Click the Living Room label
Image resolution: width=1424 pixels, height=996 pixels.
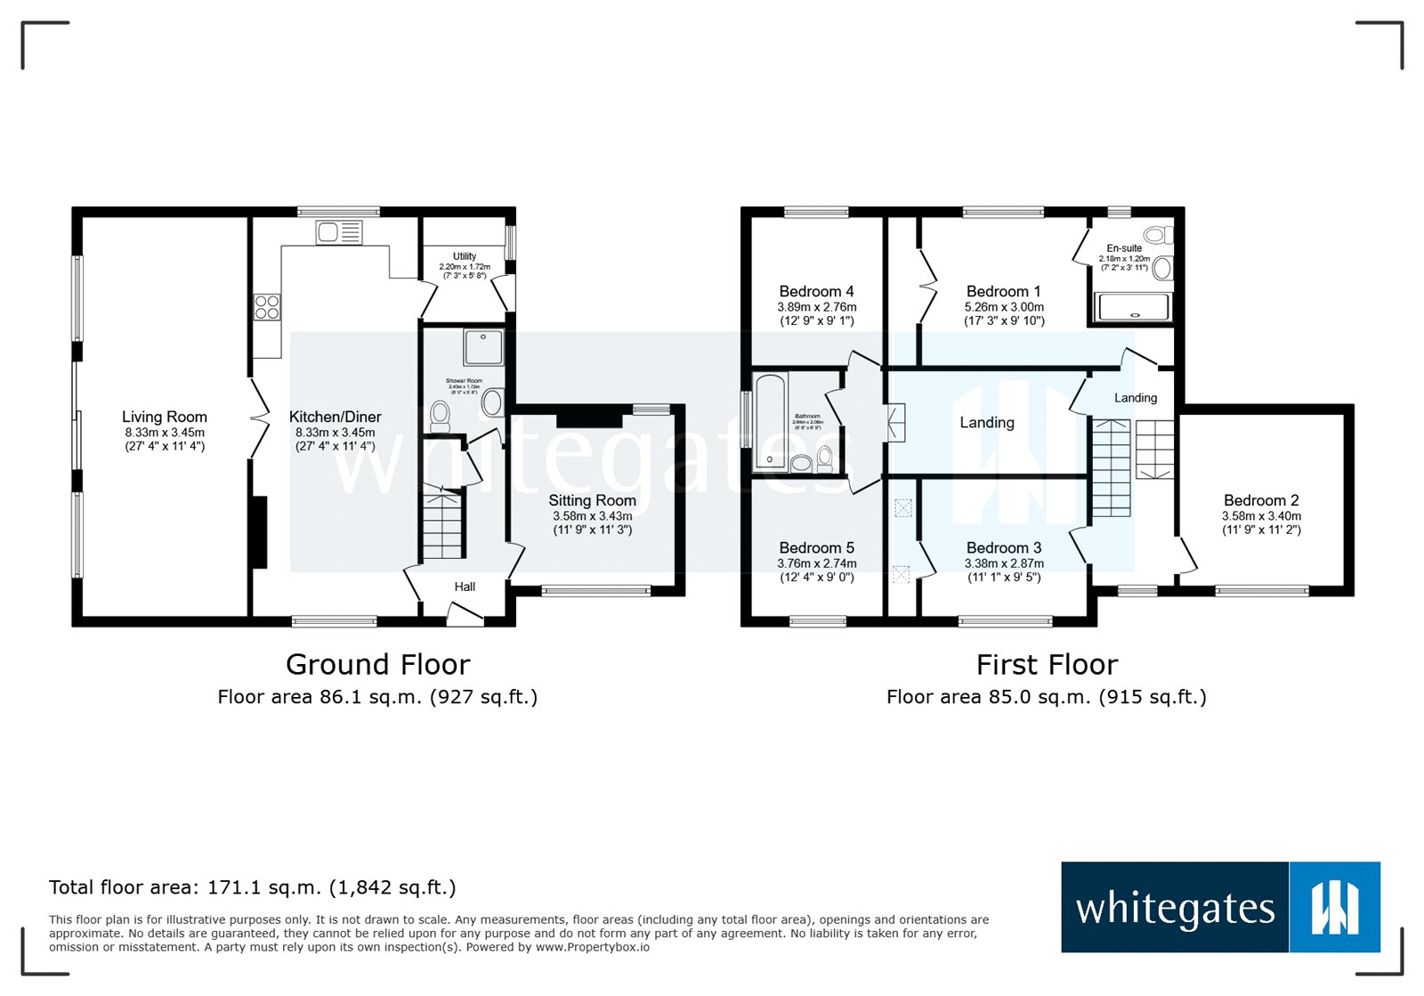click(x=165, y=417)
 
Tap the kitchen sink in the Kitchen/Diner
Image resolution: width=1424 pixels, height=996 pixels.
click(x=338, y=233)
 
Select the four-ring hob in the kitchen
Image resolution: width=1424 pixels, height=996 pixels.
click(x=267, y=308)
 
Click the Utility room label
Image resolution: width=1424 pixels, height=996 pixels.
click(x=465, y=256)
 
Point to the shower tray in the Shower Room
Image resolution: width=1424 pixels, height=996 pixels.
click(x=483, y=348)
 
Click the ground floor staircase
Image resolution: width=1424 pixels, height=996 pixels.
click(x=442, y=524)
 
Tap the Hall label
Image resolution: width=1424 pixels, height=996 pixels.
click(x=465, y=587)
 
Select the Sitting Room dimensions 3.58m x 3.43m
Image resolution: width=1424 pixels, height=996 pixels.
click(x=592, y=516)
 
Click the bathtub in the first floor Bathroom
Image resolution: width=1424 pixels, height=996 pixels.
click(x=770, y=421)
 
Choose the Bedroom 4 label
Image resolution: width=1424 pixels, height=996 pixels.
click(x=816, y=291)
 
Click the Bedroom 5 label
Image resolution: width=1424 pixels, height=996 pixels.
click(x=816, y=547)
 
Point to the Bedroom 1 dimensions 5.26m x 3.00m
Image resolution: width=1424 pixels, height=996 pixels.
click(x=1004, y=307)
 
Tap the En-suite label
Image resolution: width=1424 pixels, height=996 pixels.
click(x=1124, y=248)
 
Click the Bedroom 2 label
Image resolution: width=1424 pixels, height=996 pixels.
click(x=1261, y=500)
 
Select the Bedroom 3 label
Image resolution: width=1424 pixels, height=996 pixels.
click(x=1004, y=547)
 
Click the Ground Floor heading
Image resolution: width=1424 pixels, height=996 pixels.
click(x=377, y=665)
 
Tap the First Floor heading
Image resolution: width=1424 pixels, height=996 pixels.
click(x=1047, y=665)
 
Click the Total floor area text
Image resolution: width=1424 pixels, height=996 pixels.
click(x=252, y=887)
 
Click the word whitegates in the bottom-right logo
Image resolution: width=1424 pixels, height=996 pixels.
click(x=1175, y=909)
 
